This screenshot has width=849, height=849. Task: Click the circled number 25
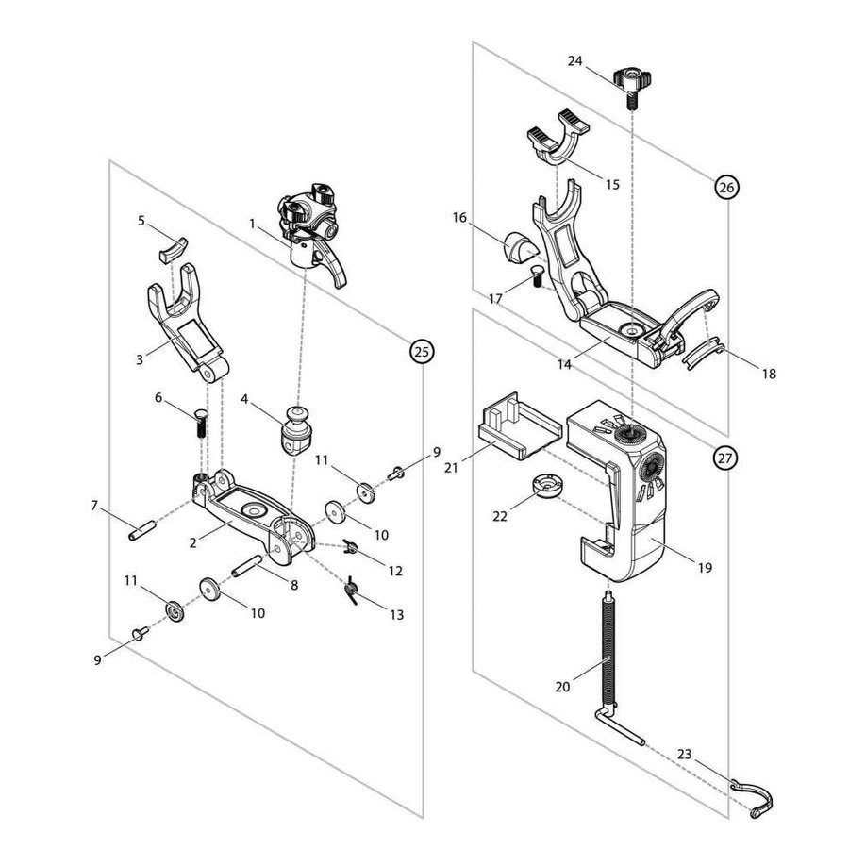(x=422, y=351)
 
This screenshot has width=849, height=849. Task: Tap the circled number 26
(x=725, y=188)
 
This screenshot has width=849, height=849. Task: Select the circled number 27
(x=724, y=459)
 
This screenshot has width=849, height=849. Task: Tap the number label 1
(x=253, y=224)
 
